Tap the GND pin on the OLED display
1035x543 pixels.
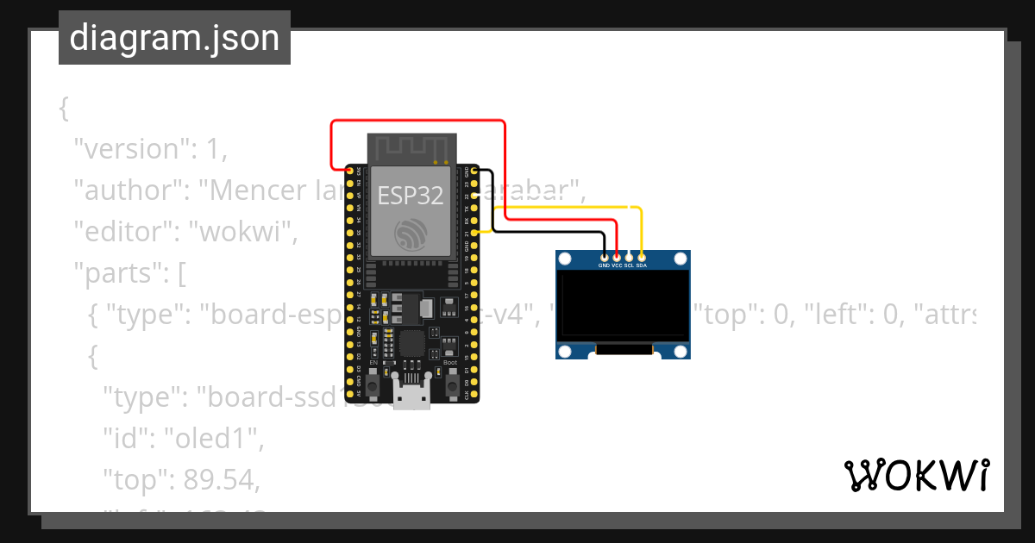coord(604,257)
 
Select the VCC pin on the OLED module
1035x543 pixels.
coord(616,257)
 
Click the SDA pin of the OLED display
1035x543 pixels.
coord(641,257)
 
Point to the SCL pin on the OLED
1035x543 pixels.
coord(629,257)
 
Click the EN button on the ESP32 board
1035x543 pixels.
coord(373,385)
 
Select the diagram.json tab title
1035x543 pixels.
coord(174,38)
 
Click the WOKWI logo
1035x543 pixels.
coord(915,474)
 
